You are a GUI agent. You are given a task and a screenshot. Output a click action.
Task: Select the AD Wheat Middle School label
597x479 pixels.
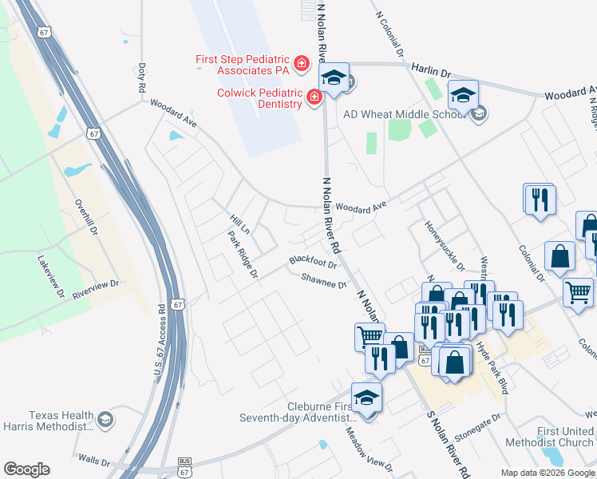tap(404, 113)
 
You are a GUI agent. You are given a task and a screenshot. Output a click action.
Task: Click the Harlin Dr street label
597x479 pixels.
tap(432, 70)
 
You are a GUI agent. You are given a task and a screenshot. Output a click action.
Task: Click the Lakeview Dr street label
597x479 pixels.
tap(49, 276)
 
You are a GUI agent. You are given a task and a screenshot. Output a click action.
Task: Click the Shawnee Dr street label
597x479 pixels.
tap(324, 280)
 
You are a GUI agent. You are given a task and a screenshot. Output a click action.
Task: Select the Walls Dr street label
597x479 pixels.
tap(94, 459)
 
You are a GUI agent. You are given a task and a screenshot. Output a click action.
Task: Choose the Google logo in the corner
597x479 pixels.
tap(26, 469)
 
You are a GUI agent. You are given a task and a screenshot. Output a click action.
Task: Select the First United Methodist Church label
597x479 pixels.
tap(565, 437)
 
